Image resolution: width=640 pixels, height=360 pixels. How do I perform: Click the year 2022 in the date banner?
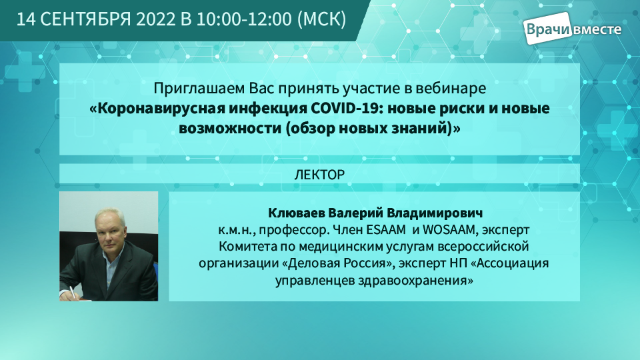pos(155,19)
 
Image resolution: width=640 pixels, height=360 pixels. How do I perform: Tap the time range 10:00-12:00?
pos(244,19)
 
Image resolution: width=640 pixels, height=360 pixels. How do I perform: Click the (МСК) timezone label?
pos(322,19)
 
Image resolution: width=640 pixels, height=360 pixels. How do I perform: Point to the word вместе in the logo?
pos(597,29)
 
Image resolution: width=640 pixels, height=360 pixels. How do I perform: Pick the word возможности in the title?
pos(230,129)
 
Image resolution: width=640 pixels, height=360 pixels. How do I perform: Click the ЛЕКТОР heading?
pos(319,175)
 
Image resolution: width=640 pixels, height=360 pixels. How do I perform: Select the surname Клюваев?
pos(296,213)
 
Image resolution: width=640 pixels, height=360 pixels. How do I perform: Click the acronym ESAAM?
pos(386,230)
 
